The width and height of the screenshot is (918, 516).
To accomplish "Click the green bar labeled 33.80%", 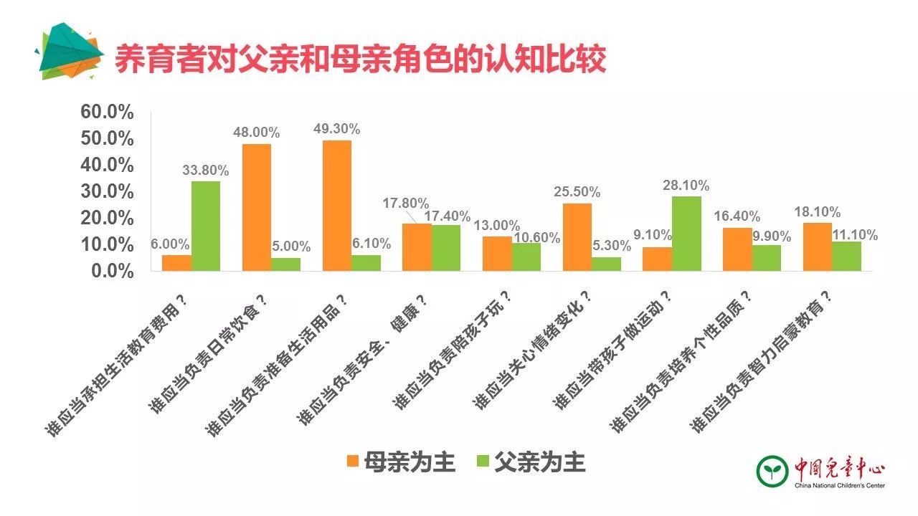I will tap(205, 226).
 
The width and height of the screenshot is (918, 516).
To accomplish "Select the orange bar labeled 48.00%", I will tap(257, 207).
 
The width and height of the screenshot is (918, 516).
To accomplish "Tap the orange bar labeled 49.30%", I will tap(337, 206).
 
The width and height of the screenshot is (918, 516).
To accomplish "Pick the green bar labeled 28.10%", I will tap(686, 234).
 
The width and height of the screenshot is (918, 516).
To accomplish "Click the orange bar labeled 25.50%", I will tap(577, 237).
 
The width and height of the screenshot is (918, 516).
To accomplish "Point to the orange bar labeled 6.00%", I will tap(176, 263).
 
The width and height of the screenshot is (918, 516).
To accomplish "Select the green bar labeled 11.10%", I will tap(846, 256).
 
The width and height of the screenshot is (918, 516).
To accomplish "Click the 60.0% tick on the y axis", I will tap(108, 113).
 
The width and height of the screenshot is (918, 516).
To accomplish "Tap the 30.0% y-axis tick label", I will tap(108, 192).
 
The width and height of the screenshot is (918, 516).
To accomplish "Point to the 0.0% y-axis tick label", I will tap(112, 272).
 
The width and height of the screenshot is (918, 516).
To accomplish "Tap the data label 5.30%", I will tap(610, 246).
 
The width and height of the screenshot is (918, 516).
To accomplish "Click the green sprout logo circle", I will tap(773, 470).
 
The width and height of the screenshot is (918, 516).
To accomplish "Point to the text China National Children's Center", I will tap(839, 486).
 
